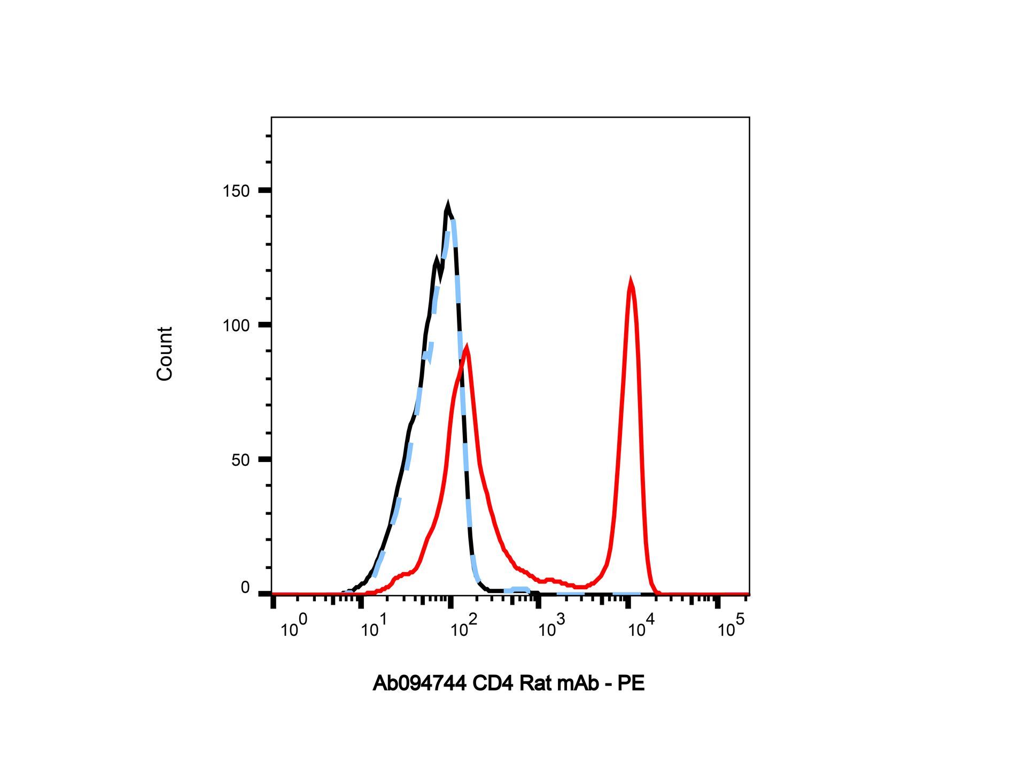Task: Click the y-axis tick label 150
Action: point(236,191)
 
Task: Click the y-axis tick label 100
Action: point(236,325)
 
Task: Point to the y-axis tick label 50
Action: point(240,460)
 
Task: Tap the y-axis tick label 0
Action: point(245,588)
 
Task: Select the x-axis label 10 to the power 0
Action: point(294,627)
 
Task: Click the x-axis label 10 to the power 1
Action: point(374,627)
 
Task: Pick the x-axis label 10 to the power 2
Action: point(463,627)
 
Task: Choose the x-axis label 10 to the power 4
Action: point(641,627)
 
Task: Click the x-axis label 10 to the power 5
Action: point(730,627)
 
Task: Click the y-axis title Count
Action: point(165,353)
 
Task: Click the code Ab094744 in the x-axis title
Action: point(419,683)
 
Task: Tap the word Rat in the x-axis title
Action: point(535,683)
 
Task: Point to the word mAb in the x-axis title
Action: point(578,683)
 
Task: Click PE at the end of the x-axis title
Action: point(632,683)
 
